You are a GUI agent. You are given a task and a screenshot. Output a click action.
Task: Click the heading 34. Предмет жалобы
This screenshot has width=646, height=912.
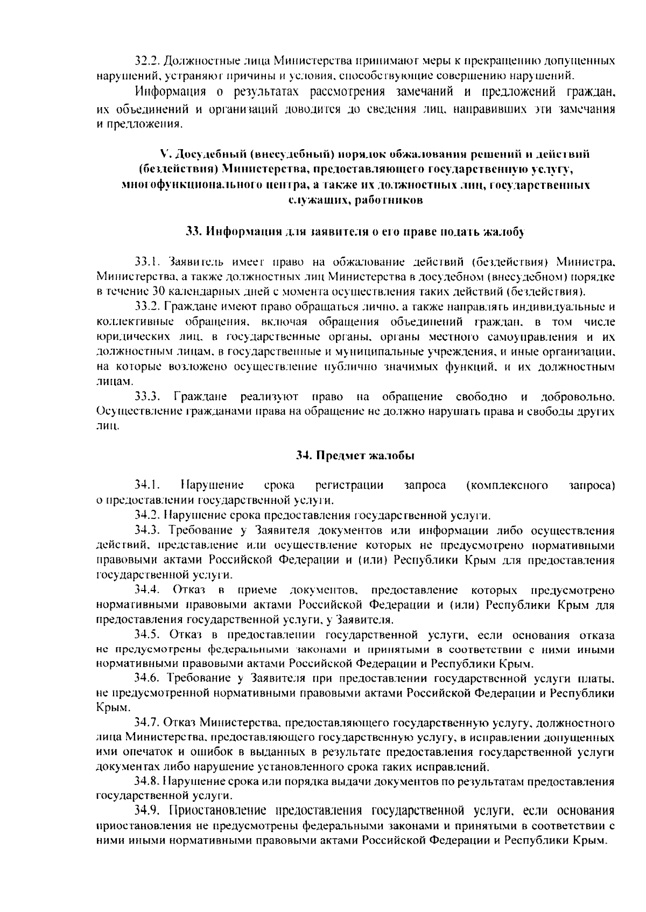(x=355, y=455)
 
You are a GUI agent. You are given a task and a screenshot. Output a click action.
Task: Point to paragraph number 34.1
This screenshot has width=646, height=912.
(x=146, y=485)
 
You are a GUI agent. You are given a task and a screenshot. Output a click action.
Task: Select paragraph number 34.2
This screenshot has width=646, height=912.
(x=146, y=515)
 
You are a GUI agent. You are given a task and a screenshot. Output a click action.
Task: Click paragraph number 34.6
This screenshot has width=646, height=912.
(x=147, y=677)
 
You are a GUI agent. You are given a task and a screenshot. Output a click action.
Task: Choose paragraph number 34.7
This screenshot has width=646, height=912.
(x=147, y=722)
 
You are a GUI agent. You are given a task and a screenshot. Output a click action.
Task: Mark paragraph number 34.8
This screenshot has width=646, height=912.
(x=147, y=781)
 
